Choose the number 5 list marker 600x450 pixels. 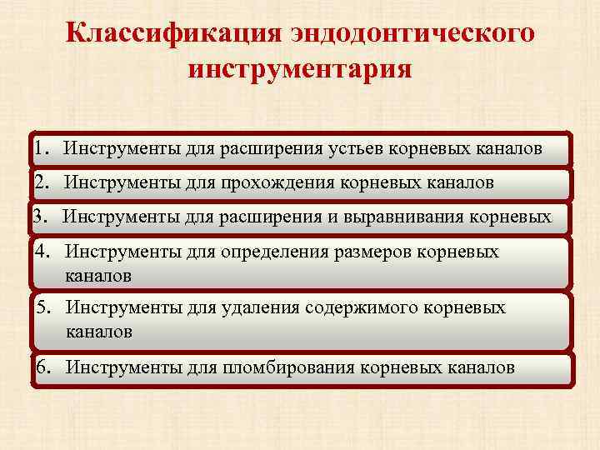pos(44,308)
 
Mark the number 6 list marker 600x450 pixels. pos(42,367)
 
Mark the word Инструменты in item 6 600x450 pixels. pos(122,367)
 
